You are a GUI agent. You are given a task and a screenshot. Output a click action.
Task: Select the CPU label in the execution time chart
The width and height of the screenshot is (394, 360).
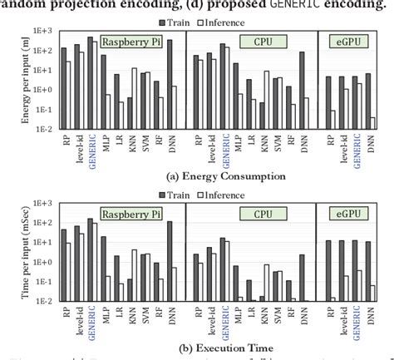pyautogui.click(x=252, y=215)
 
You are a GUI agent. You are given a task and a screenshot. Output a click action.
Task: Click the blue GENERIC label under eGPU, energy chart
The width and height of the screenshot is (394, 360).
pyautogui.click(x=357, y=147)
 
